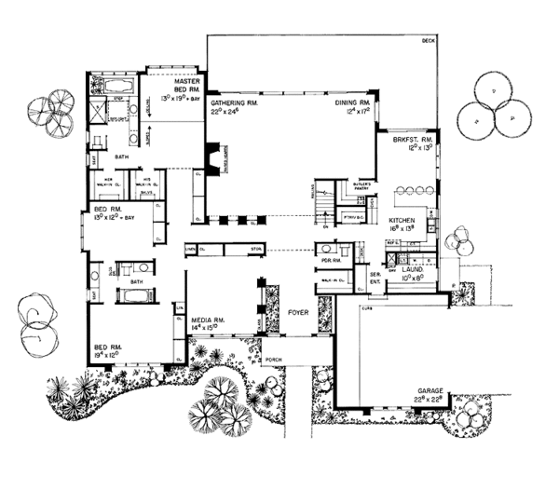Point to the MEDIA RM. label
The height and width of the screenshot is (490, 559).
pyautogui.click(x=205, y=319)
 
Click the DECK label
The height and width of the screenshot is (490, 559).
pyautogui.click(x=428, y=42)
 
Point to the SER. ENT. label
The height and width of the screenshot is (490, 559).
pyautogui.click(x=375, y=278)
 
